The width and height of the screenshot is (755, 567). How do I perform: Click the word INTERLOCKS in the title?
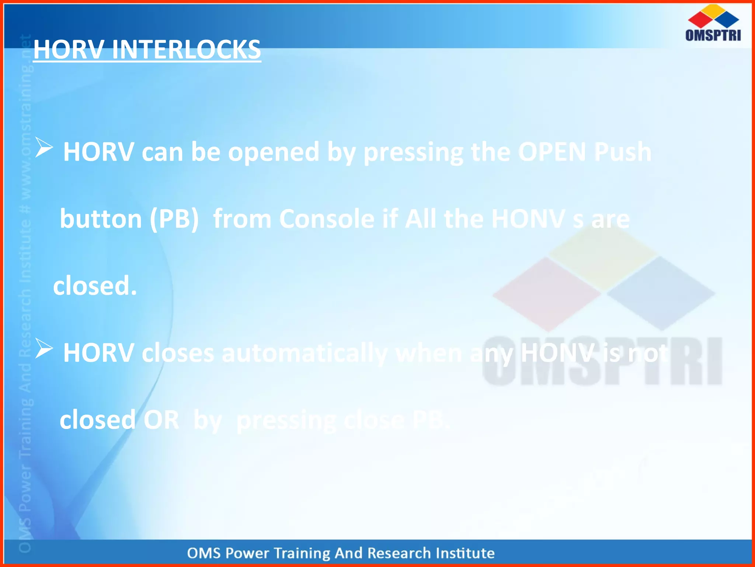pos(186,49)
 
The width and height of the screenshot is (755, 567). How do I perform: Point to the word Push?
pos(623,152)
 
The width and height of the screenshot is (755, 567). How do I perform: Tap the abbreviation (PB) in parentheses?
pos(174,219)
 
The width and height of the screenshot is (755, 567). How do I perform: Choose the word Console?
pos(327,219)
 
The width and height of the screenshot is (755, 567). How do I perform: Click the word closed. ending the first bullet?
pos(95,286)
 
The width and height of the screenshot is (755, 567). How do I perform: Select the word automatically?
pos(305,353)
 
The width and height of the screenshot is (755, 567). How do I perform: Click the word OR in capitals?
pos(161,420)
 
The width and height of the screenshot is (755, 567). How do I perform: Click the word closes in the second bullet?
pos(178,353)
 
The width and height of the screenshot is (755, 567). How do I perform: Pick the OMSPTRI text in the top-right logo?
pos(713,35)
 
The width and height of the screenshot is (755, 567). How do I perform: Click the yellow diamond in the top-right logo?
pos(714,11)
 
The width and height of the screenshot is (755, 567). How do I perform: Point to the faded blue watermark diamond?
pos(661,293)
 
